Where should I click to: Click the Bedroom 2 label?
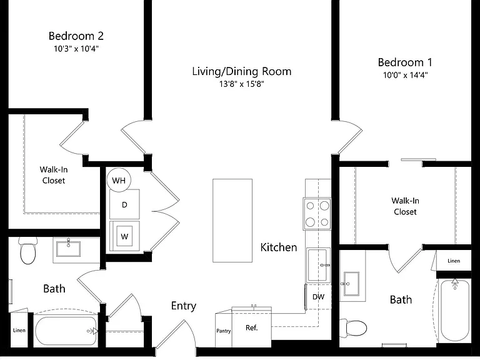click(x=76, y=36)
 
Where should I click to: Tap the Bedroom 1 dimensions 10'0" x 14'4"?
click(x=405, y=75)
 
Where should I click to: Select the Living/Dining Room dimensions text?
click(x=241, y=84)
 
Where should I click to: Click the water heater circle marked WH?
click(x=119, y=180)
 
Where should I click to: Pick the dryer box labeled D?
click(x=124, y=204)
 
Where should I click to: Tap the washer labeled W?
click(x=124, y=236)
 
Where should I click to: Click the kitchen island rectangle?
click(x=232, y=221)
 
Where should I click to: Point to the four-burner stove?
click(x=317, y=214)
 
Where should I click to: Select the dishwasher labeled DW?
click(x=318, y=297)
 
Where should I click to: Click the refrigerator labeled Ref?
click(x=252, y=327)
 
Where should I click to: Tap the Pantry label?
click(x=224, y=331)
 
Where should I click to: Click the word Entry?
click(x=184, y=306)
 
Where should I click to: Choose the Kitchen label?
click(x=279, y=247)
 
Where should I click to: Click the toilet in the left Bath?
click(x=28, y=251)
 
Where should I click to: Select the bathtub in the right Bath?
click(x=455, y=310)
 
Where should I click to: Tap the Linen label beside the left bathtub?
click(x=19, y=330)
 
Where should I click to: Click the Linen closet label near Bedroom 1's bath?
click(x=454, y=261)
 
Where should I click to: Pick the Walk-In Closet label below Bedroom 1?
click(x=405, y=206)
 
